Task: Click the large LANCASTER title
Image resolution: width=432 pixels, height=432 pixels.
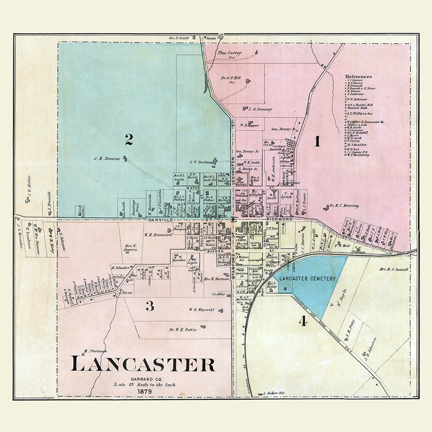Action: click(143, 364)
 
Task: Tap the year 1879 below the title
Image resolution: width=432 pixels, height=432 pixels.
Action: click(143, 391)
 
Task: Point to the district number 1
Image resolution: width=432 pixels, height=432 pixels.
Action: click(317, 142)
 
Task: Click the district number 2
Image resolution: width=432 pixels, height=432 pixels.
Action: click(128, 140)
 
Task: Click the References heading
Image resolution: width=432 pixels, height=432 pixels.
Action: click(358, 76)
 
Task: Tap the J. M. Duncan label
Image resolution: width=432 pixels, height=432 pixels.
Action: click(106, 159)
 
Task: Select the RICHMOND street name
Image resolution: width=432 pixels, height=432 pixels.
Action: click(282, 220)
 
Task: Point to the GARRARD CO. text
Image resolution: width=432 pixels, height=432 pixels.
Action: click(143, 378)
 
